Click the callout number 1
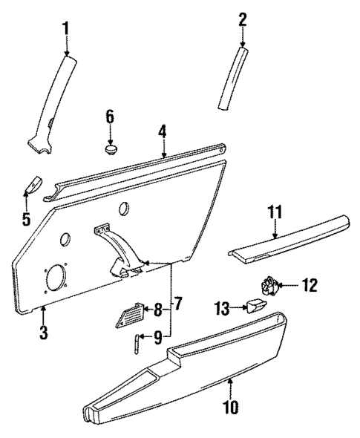65,29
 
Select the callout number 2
241,19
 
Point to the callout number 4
162,132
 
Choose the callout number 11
275,212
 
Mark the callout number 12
310,284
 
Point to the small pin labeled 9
137,344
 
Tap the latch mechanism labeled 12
272,285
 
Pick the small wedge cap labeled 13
257,306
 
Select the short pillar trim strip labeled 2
232,79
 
